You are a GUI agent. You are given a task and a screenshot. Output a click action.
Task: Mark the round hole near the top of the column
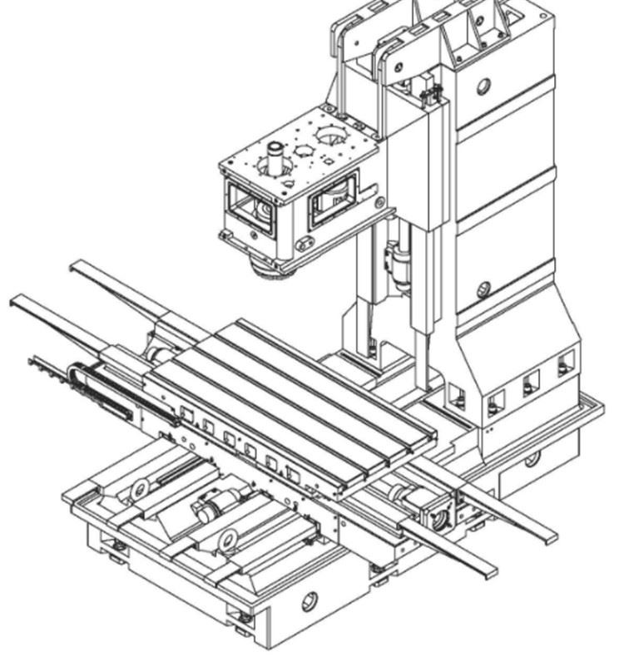(x=485, y=86)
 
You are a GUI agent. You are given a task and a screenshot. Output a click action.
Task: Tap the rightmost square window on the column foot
(x=567, y=362)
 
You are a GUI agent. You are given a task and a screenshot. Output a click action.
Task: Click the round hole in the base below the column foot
(x=532, y=457)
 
